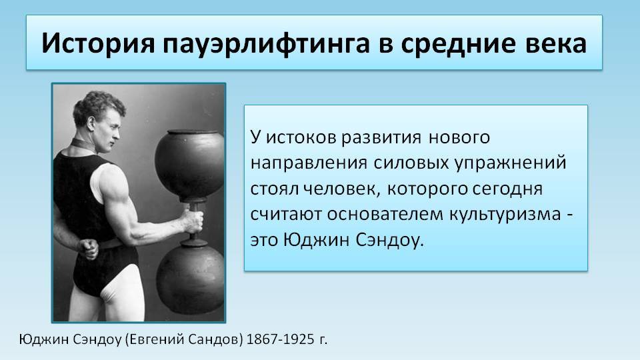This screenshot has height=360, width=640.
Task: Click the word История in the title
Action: pyautogui.click(x=99, y=43)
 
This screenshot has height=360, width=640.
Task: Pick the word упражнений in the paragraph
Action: pyautogui.click(x=511, y=164)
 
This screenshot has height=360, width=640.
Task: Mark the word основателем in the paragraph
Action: pyautogui.click(x=385, y=214)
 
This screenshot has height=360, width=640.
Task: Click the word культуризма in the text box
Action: pyautogui.click(x=505, y=215)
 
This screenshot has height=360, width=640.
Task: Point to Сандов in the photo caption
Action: pyautogui.click(x=216, y=339)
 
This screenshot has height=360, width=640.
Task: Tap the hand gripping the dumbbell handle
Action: pyautogui.click(x=192, y=221)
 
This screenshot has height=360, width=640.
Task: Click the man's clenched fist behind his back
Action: pyautogui.click(x=89, y=248)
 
